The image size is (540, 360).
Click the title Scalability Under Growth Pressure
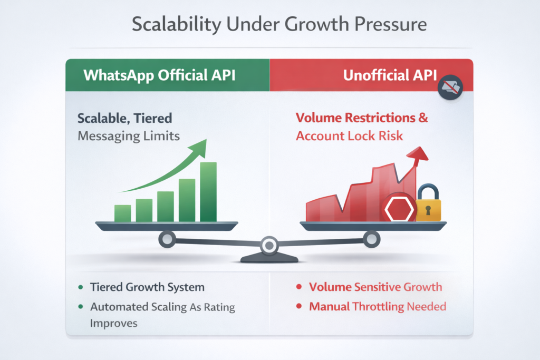tap(279, 24)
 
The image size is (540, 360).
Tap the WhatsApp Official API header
tap(159, 75)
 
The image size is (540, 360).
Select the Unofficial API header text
tap(390, 75)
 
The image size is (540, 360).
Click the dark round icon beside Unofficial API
tap(450, 87)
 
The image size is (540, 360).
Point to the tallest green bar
tap(208, 192)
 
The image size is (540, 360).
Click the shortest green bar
tap(122, 213)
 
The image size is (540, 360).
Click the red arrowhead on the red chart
tap(418, 154)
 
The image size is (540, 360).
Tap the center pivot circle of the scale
tap(269, 246)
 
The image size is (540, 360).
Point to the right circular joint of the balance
tap(372, 239)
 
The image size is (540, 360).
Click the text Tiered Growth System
tap(148, 287)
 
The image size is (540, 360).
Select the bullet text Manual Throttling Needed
tap(378, 306)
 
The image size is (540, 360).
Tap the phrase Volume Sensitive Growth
tap(375, 287)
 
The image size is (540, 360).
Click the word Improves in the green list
tap(114, 324)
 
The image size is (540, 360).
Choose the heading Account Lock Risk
tap(349, 136)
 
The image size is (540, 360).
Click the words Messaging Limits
tap(129, 137)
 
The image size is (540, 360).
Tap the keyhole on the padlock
tap(428, 210)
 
